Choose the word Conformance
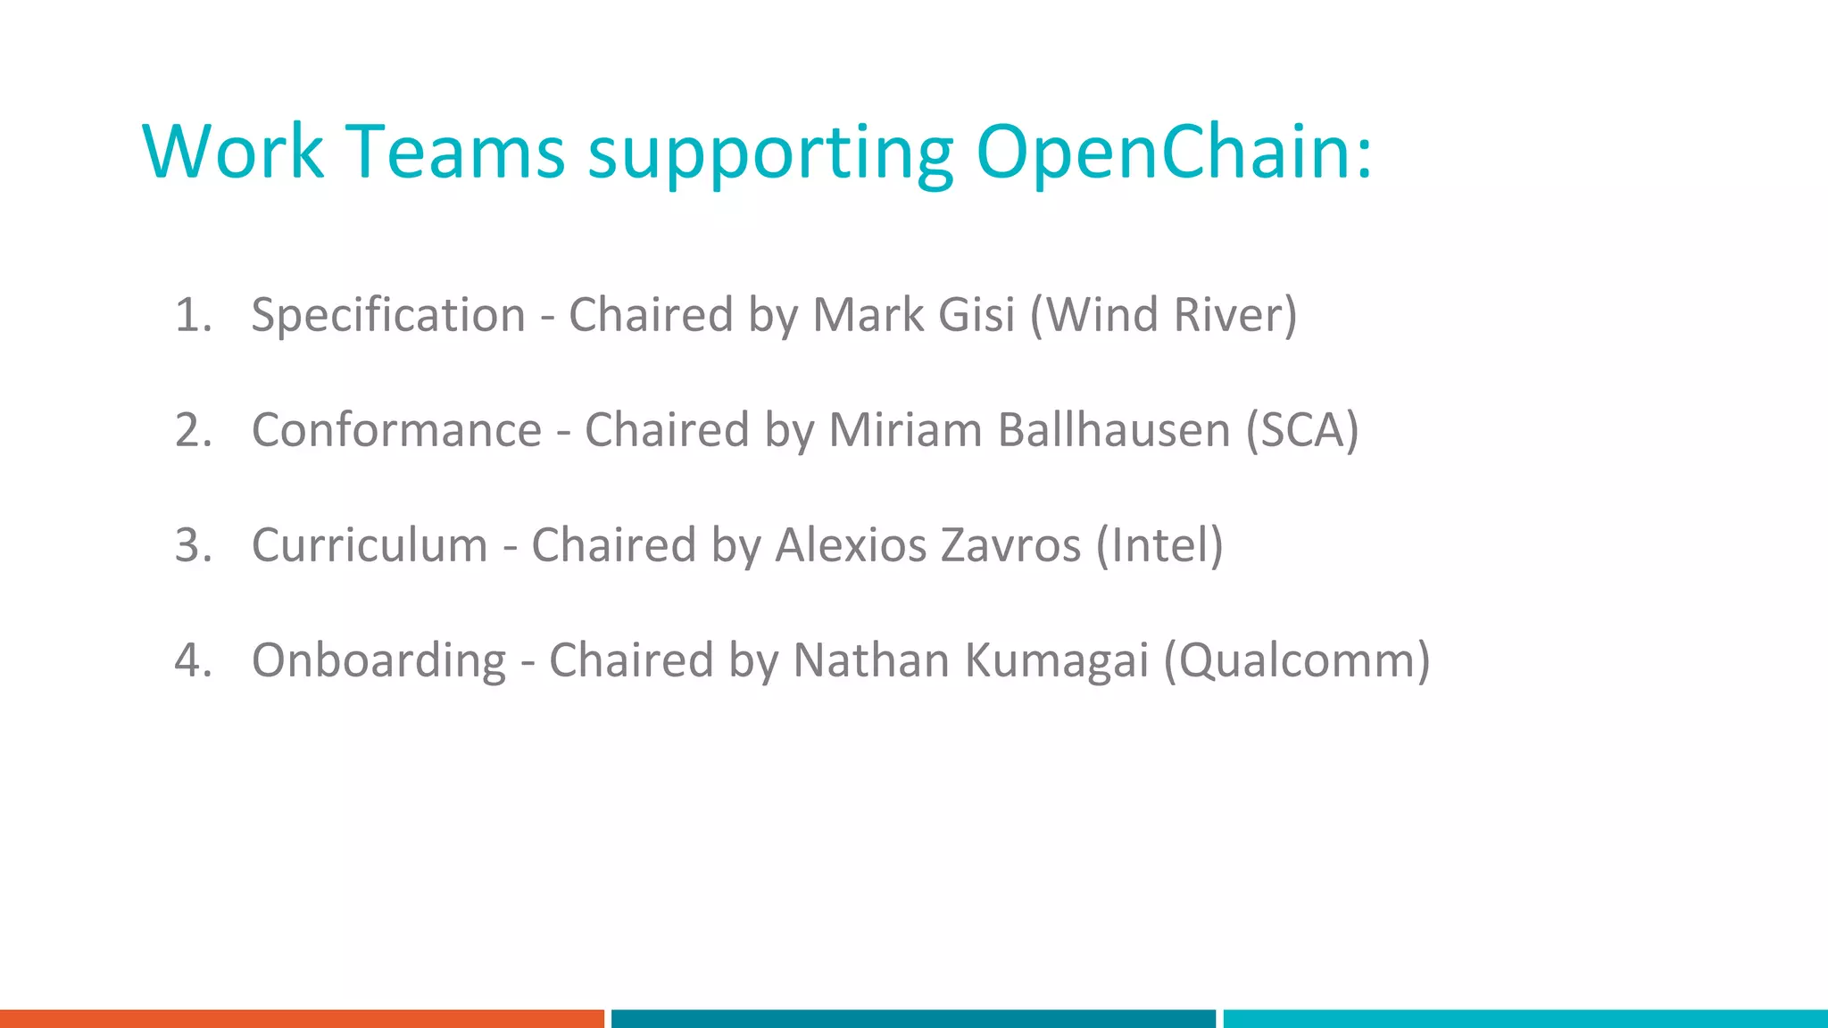(397, 430)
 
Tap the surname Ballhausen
(1114, 430)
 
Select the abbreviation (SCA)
(1302, 430)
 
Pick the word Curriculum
(370, 545)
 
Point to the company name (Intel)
(1159, 545)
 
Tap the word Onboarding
(379, 660)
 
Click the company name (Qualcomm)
(1297, 660)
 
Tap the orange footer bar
(302, 1018)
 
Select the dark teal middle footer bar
(913, 1018)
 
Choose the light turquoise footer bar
(1525, 1018)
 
